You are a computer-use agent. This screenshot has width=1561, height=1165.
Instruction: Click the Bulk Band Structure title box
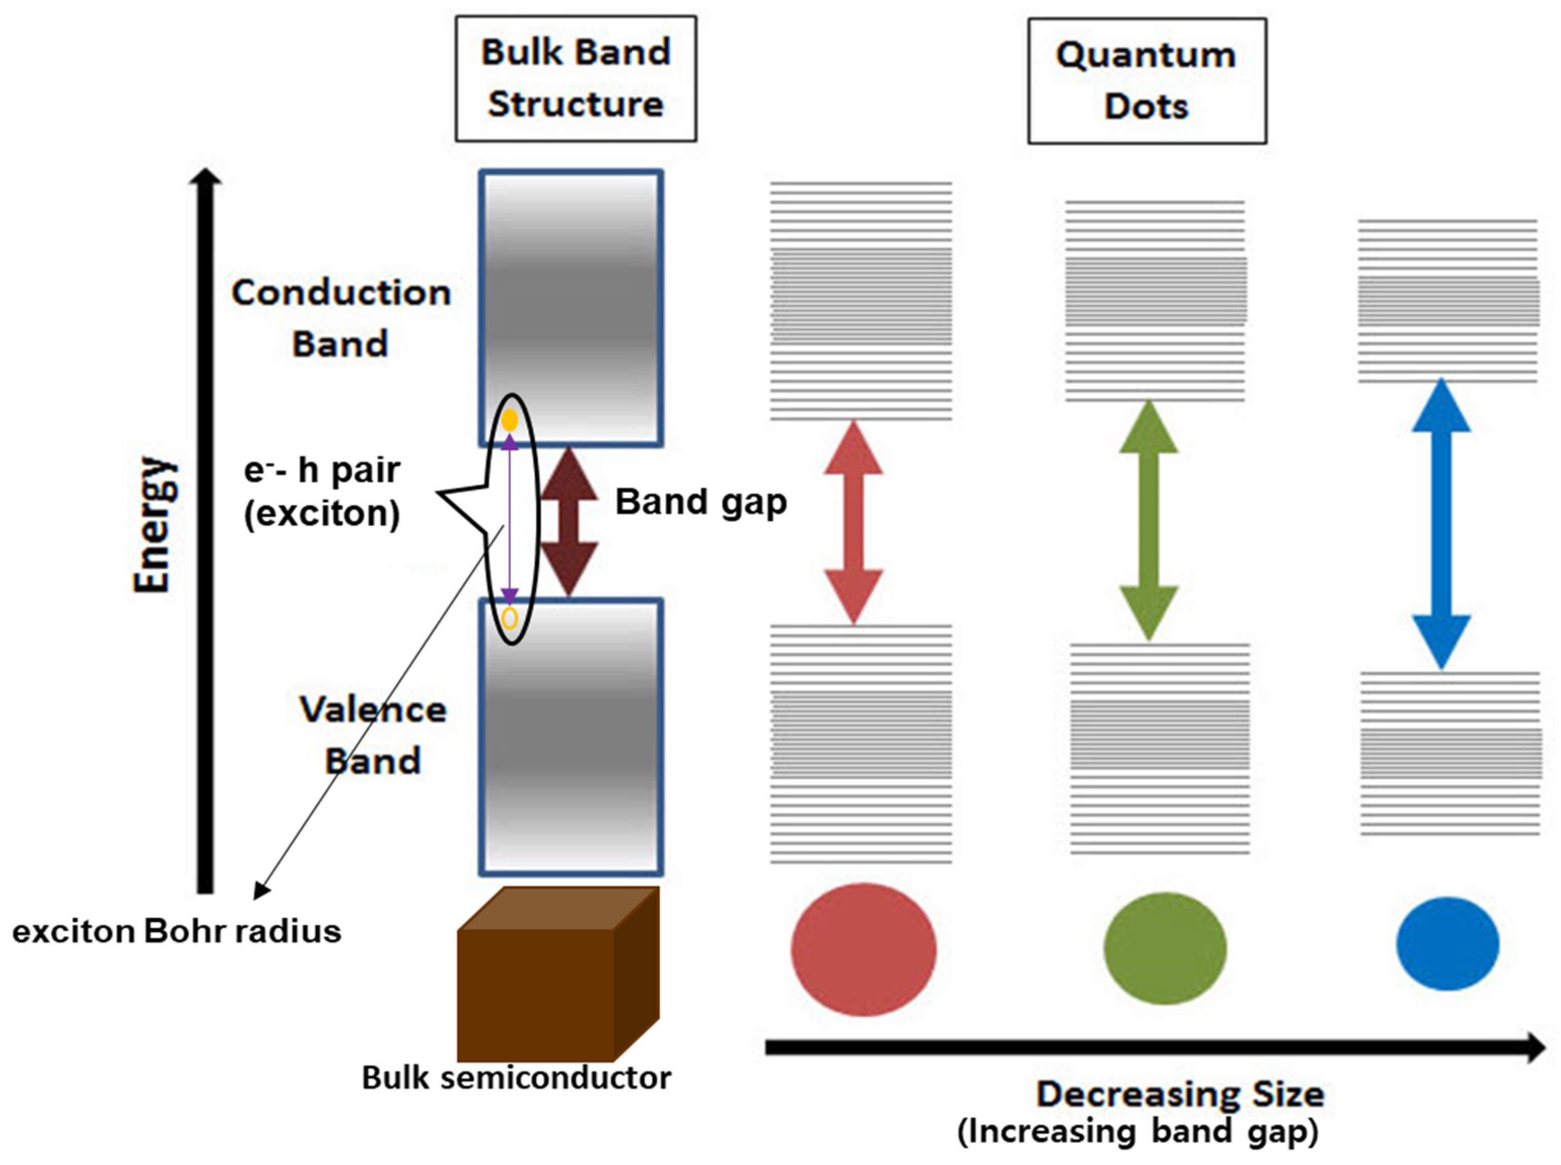pos(576,78)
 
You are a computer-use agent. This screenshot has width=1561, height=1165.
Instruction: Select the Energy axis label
pos(152,525)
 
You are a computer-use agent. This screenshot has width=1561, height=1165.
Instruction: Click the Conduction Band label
pos(341,318)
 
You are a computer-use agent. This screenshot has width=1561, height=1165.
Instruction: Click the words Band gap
pos(701,503)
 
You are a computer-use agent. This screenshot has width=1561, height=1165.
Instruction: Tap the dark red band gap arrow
pos(569,522)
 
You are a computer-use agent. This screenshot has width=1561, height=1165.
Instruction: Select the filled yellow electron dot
pos(509,421)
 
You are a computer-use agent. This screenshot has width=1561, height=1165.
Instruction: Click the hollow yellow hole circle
pos(509,618)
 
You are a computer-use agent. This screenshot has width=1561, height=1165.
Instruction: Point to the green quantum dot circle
pos(1165,948)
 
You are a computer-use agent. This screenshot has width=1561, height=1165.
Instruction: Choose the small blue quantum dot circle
pos(1447,943)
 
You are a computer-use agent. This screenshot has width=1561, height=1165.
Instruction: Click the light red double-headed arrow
pos(853,522)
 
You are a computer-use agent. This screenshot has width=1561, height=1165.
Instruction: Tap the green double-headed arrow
pos(1149,520)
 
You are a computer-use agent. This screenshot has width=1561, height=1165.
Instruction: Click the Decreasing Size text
pos(1180,1094)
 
